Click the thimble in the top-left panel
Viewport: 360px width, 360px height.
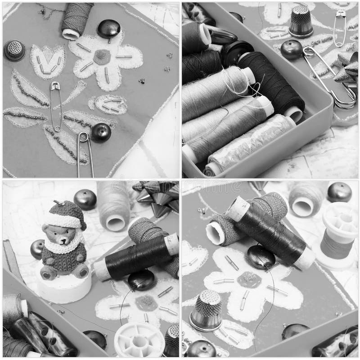15,50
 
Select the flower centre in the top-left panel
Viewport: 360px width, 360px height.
101,57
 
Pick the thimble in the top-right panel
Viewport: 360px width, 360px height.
301,22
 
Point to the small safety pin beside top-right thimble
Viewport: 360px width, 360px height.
340,27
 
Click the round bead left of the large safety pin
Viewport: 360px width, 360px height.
292,49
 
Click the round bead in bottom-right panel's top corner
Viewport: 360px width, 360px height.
339,192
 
